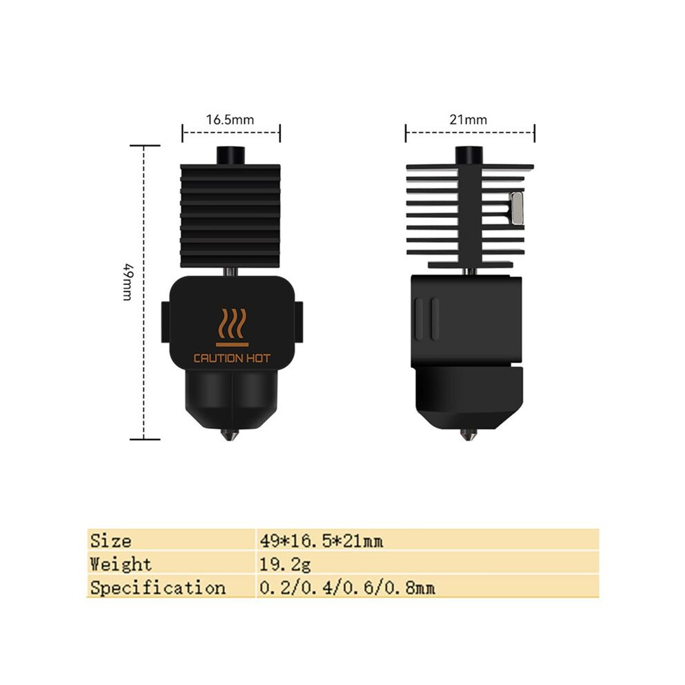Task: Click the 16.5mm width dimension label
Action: (x=230, y=119)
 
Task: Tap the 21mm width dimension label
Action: (x=468, y=119)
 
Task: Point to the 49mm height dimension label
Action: (x=127, y=282)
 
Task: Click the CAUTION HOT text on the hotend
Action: (x=232, y=358)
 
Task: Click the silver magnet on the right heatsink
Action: (x=518, y=208)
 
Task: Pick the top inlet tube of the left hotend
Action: (x=230, y=156)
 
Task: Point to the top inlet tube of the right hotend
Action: (x=469, y=156)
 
